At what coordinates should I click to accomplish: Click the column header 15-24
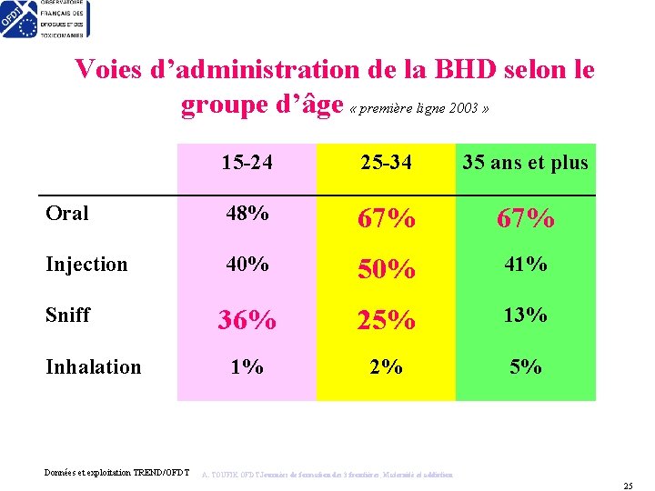pos(247,164)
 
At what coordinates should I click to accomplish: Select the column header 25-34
pos(386,164)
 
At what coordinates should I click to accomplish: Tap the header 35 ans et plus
pos(525,164)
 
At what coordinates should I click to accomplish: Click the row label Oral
pos(67,214)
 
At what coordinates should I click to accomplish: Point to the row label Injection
pos(86,265)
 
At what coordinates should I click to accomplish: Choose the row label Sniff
pos(68,316)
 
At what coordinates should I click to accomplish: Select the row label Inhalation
pos(94,366)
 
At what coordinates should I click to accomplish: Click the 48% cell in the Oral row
pos(247,214)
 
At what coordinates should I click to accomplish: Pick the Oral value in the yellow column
pos(386,218)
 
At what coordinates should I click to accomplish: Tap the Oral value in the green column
pos(525,218)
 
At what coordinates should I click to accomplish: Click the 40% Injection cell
pos(247,265)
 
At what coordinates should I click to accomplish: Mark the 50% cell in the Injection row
pos(386,269)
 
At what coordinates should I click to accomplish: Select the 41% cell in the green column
pos(525,265)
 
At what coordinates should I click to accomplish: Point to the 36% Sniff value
pos(247,320)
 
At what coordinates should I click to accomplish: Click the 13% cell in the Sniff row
pos(525,316)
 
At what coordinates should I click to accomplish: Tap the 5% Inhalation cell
pos(525,366)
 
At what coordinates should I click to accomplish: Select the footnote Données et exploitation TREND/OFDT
pos(116,472)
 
